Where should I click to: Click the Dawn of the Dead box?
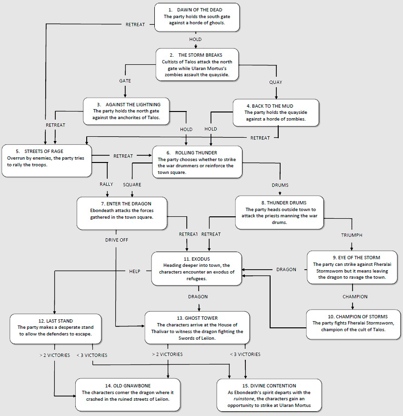197,17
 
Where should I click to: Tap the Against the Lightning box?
126,111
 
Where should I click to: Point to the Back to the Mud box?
276,112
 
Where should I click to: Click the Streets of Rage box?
46,157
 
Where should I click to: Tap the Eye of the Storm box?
352,267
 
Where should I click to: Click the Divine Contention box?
269,395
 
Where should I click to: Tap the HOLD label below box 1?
195,40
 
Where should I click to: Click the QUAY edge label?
275,82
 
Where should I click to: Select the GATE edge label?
125,81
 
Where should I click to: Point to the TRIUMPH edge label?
352,235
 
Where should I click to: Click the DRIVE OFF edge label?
117,240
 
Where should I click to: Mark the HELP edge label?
135,271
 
